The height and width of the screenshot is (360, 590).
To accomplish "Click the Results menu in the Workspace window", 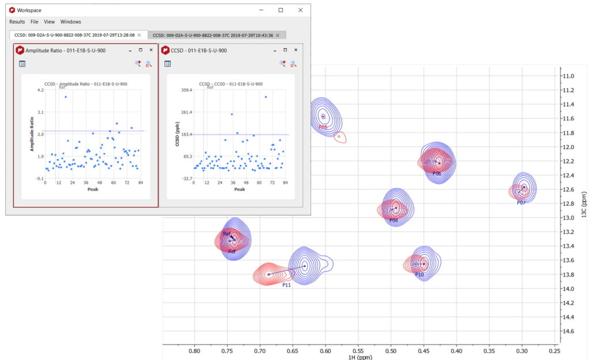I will click(17, 21).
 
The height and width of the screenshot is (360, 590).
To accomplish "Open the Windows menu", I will click(71, 21).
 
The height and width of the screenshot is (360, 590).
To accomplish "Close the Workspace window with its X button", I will click(300, 10).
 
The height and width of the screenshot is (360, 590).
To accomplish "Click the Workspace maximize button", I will click(281, 10).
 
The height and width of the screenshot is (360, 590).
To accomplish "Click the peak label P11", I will click(286, 285).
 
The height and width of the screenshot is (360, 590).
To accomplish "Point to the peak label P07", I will click(521, 203).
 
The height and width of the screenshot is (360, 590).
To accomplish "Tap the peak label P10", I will click(419, 275).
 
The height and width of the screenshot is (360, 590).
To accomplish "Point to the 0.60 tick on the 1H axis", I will click(326, 350).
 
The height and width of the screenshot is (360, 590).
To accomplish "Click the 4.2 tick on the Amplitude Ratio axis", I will click(40, 90).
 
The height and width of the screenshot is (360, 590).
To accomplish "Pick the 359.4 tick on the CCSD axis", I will click(186, 90).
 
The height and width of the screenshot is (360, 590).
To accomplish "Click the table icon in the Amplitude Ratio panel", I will click(22, 64).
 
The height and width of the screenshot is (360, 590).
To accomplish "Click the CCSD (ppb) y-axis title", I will click(172, 134).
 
